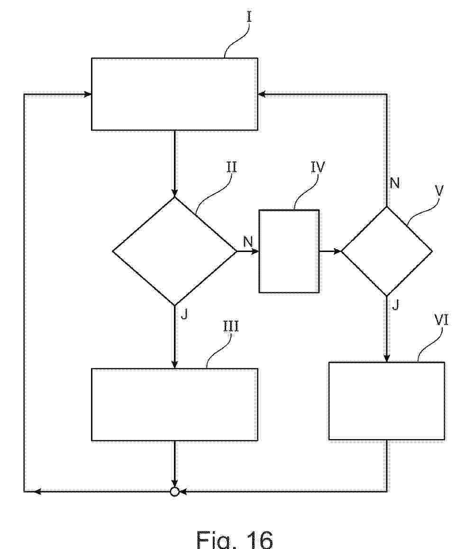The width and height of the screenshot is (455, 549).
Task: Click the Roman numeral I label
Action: point(249,17)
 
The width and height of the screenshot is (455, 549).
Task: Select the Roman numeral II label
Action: point(231,167)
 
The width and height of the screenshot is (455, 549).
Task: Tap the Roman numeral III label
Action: point(231,327)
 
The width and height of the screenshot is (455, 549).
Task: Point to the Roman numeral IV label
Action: point(318,167)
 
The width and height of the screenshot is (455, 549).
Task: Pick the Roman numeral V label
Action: point(439,191)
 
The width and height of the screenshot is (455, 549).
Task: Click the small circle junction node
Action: point(174,492)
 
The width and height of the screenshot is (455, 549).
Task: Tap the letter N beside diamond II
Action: point(247,241)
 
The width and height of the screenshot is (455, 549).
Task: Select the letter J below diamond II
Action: point(184,314)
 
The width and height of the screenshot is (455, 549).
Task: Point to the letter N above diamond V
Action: point(395,183)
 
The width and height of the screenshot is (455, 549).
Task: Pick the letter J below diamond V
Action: point(395,306)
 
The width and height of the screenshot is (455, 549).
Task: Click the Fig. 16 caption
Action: point(234,539)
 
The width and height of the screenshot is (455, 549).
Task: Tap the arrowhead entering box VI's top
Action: point(387,358)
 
